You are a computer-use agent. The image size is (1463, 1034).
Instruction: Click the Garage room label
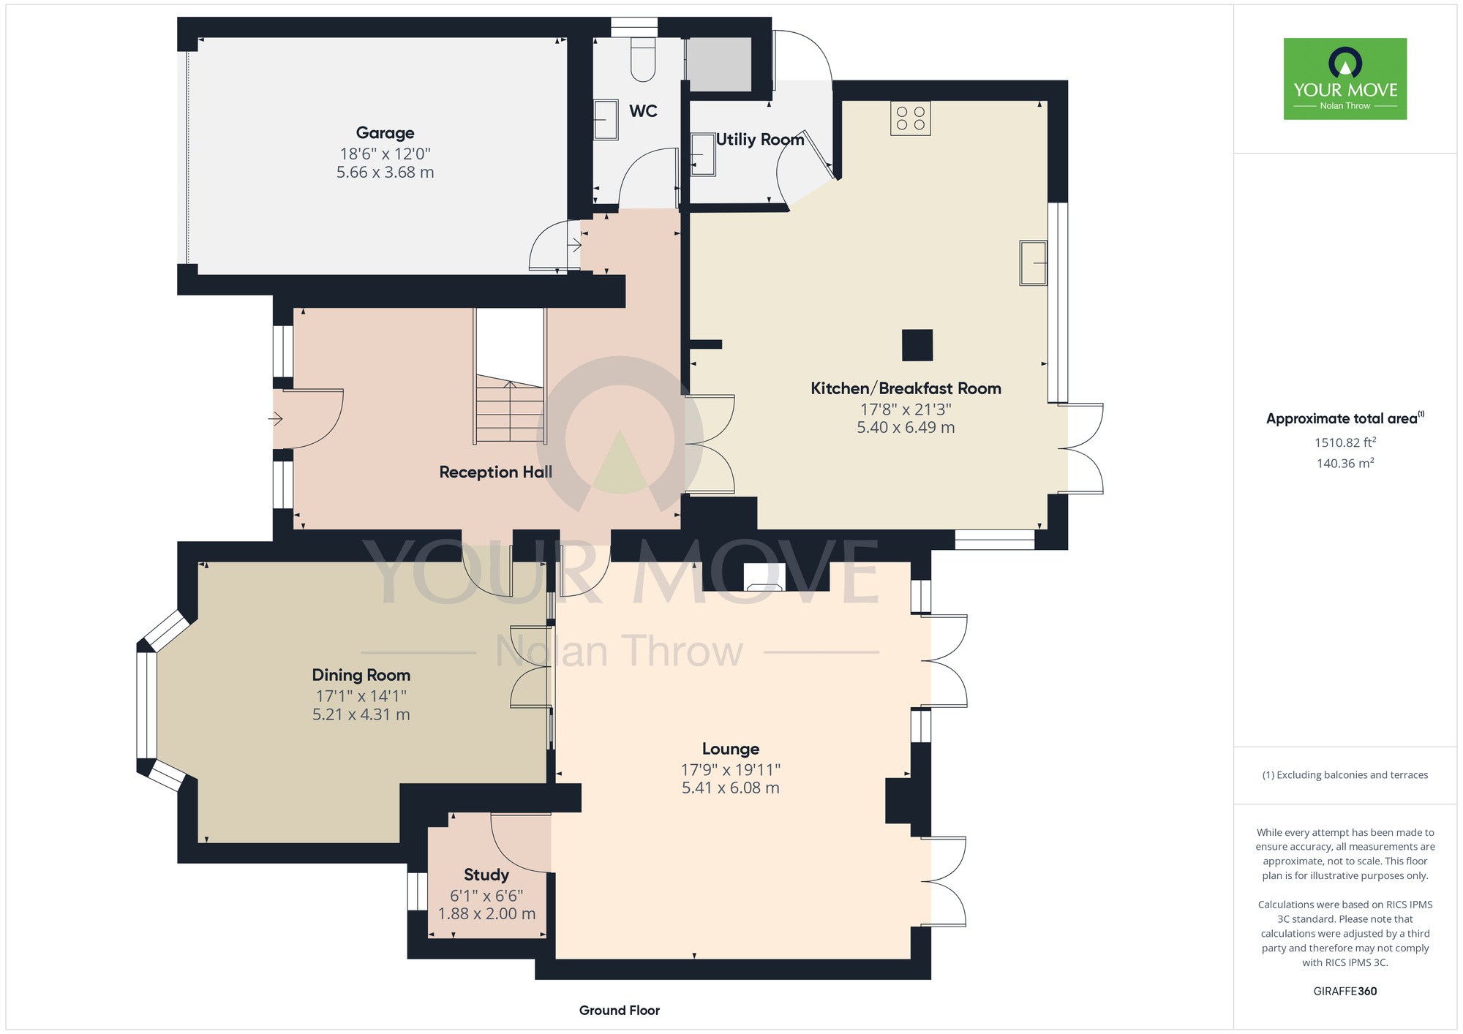tap(385, 133)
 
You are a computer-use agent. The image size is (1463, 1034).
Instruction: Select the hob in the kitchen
tap(911, 118)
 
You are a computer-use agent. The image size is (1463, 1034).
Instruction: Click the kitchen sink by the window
tap(1034, 263)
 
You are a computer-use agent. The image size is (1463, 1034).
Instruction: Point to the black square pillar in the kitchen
tap(917, 345)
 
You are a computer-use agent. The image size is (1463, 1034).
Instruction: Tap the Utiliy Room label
tap(760, 139)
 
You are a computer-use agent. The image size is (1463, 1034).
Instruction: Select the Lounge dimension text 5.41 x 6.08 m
tap(731, 788)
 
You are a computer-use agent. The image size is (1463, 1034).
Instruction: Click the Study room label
tap(486, 875)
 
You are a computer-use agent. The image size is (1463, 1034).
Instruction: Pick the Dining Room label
tap(361, 675)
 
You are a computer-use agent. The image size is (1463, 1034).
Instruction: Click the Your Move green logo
tap(1345, 79)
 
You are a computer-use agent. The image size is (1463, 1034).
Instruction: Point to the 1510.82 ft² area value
tap(1345, 442)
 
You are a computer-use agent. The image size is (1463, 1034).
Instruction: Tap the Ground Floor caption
tap(620, 1010)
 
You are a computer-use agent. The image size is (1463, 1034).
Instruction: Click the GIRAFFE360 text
tap(1345, 991)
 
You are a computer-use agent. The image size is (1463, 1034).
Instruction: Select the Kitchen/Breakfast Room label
tap(906, 388)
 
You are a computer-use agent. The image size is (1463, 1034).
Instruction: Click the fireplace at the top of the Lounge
tap(764, 576)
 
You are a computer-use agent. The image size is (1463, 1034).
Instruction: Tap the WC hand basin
tap(606, 120)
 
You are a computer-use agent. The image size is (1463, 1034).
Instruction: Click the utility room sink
tap(703, 154)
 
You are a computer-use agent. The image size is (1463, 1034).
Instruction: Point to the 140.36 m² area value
tap(1345, 463)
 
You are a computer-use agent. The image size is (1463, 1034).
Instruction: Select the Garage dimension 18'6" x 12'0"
tap(385, 154)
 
